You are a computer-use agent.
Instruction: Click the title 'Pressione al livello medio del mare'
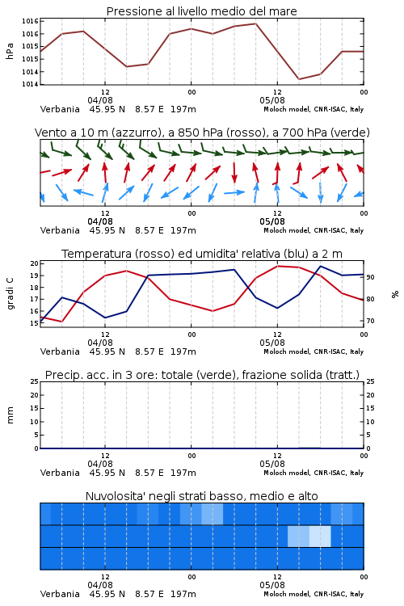[x=201, y=11]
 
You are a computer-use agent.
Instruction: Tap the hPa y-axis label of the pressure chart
[x=10, y=51]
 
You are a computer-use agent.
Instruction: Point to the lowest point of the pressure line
[x=299, y=79]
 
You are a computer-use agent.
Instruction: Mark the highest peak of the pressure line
[x=255, y=23]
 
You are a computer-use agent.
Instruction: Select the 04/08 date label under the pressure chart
[x=100, y=100]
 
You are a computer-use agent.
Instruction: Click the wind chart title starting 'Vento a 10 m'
[x=202, y=133]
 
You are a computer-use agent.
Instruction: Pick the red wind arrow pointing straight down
[x=234, y=173]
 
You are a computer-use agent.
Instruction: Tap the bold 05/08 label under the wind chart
[x=272, y=222]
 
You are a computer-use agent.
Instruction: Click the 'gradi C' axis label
[x=10, y=293]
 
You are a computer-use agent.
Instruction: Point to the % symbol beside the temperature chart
[x=395, y=294]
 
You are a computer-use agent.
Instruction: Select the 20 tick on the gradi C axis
[x=35, y=263]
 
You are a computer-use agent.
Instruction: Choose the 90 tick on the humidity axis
[x=370, y=277]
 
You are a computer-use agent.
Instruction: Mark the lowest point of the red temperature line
[x=62, y=322]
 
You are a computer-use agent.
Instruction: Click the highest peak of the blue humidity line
[x=321, y=266]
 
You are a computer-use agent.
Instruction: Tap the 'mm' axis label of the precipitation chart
[x=10, y=415]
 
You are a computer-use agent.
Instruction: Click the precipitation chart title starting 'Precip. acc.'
[x=202, y=375]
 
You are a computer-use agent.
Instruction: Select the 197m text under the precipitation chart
[x=183, y=473]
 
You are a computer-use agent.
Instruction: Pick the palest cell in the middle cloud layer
[x=320, y=536]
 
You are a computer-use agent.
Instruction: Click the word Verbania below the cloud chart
[x=60, y=594]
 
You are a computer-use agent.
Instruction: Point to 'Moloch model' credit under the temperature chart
[x=287, y=351]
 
